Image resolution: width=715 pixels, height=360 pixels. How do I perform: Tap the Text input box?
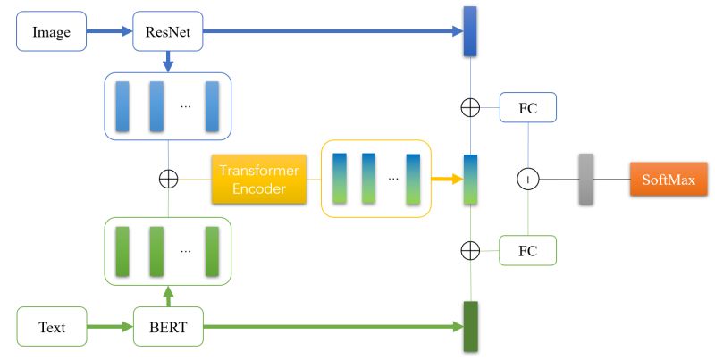tap(52, 327)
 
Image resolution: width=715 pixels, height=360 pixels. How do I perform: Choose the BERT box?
tap(168, 327)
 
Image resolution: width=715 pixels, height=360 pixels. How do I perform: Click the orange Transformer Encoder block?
tap(259, 180)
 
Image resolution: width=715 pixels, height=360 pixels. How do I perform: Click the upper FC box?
tap(528, 108)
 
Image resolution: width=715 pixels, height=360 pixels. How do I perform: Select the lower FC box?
tap(528, 250)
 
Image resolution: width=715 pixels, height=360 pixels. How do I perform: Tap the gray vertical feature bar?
tap(585, 180)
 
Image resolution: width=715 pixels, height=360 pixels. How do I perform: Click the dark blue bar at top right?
tap(470, 32)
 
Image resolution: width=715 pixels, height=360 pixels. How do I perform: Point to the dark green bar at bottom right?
tap(470, 327)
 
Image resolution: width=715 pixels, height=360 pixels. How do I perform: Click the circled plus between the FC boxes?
tap(528, 180)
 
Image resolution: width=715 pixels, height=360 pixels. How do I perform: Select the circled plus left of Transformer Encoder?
tap(168, 180)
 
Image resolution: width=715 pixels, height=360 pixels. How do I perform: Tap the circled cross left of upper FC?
tap(470, 108)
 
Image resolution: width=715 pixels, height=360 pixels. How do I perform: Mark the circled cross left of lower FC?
tap(470, 250)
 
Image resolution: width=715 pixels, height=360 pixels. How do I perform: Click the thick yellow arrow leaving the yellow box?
tap(446, 180)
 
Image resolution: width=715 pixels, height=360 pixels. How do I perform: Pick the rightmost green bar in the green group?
tap(212, 251)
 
